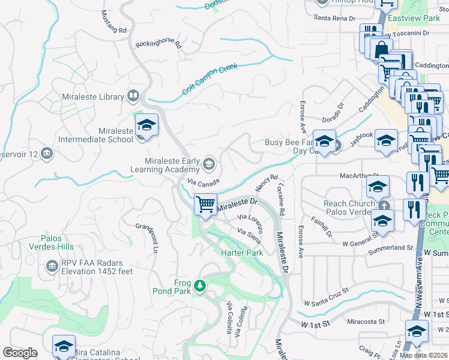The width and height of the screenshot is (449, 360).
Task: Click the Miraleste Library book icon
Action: coord(133,96)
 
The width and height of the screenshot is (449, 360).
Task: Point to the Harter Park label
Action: coord(243,253)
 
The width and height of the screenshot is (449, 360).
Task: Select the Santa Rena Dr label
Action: coord(335,19)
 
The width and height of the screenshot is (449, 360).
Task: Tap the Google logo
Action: coord(20,353)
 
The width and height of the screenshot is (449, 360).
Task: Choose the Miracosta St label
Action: coord(364,322)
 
